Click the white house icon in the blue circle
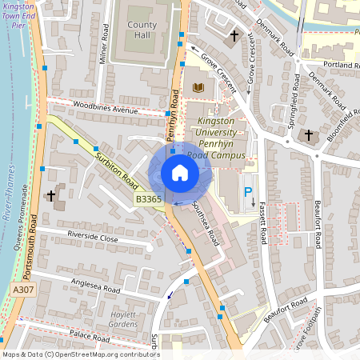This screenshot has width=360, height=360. point(180,173)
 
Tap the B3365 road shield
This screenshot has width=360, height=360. point(148,198)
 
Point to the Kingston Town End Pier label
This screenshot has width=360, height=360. point(18,15)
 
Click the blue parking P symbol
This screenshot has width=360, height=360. point(248,192)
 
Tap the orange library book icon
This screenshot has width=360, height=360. point(198,86)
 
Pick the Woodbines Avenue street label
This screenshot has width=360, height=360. point(104,108)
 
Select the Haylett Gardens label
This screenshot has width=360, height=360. point(123,319)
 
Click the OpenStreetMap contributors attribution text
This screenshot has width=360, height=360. point(80,354)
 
